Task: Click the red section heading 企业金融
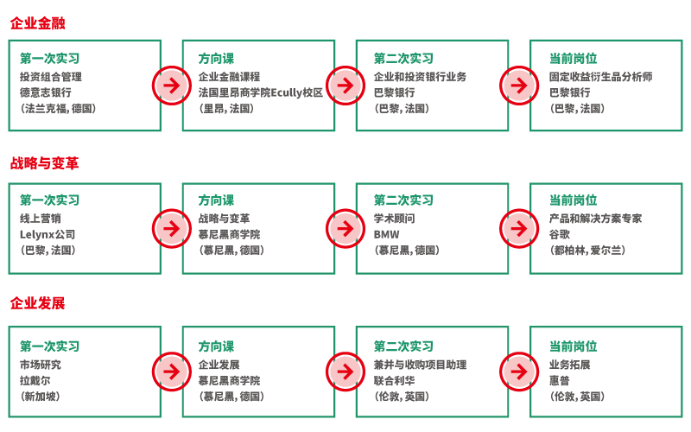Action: pos(37,23)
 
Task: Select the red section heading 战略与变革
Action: pos(44,164)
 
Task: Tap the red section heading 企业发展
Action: pos(37,304)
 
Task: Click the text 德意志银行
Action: pos(45,92)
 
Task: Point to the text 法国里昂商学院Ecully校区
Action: pos(260,92)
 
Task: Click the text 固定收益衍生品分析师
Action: pos(600,77)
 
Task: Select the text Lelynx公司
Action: pos(48,234)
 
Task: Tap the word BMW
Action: pos(386,234)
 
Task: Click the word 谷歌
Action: pos(560,234)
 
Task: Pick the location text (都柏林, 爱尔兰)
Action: pos(587,251)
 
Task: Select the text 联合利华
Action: pos(394,380)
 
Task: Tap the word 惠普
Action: pos(560,380)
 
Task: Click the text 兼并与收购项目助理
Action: pos(420,365)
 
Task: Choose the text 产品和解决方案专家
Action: pos(595,219)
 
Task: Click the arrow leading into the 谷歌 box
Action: pos(518,228)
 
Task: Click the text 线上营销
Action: pos(40,219)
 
